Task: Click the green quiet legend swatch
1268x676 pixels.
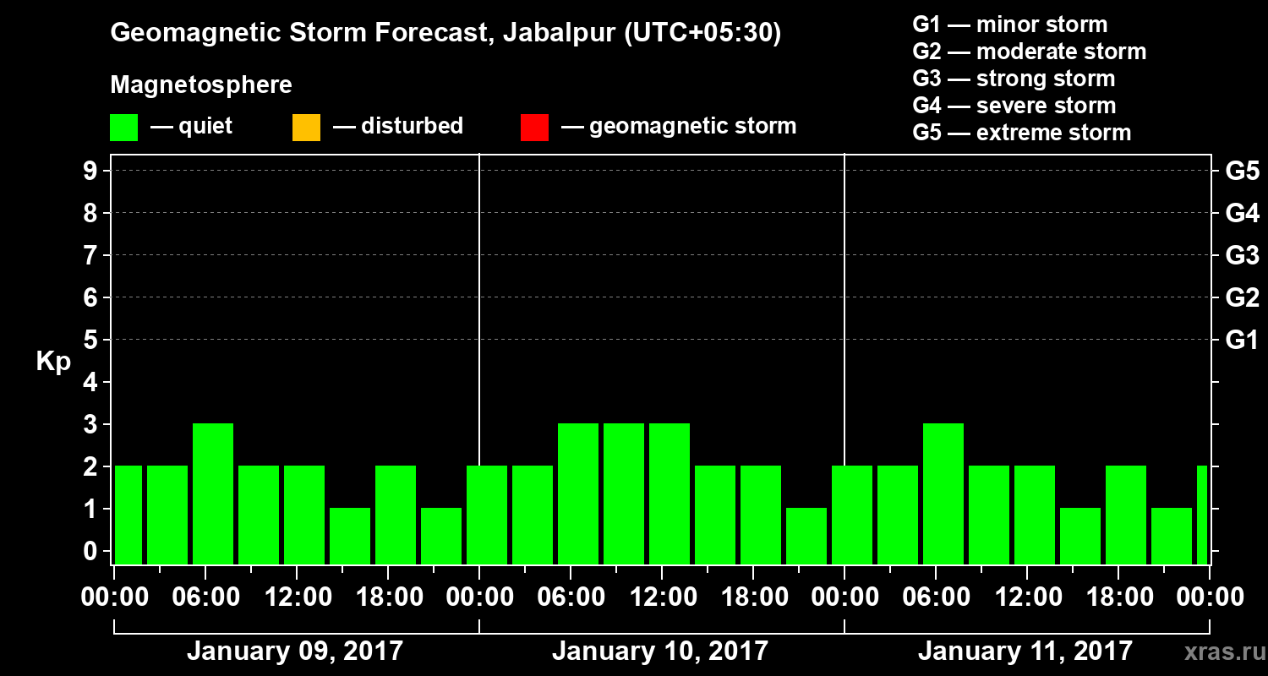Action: (123, 127)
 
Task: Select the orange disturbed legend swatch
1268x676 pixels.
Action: (306, 127)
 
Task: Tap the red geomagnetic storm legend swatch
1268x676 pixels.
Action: (534, 127)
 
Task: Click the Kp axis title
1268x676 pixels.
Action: (53, 362)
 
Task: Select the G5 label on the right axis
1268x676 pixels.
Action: (1242, 171)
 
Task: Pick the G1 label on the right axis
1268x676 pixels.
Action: (1242, 340)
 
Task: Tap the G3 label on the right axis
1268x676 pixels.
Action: (1242, 255)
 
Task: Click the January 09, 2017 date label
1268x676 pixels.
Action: (295, 651)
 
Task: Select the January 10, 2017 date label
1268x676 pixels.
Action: (660, 651)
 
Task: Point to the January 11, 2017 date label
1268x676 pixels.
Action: (1025, 651)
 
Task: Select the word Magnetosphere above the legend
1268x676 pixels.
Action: (201, 85)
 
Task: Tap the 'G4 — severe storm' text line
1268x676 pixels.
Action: (1014, 106)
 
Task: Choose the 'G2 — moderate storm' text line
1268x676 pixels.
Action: (1029, 52)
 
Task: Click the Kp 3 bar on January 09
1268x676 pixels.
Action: (213, 493)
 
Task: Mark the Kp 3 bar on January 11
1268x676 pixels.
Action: (943, 493)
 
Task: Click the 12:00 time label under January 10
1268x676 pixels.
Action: (663, 597)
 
